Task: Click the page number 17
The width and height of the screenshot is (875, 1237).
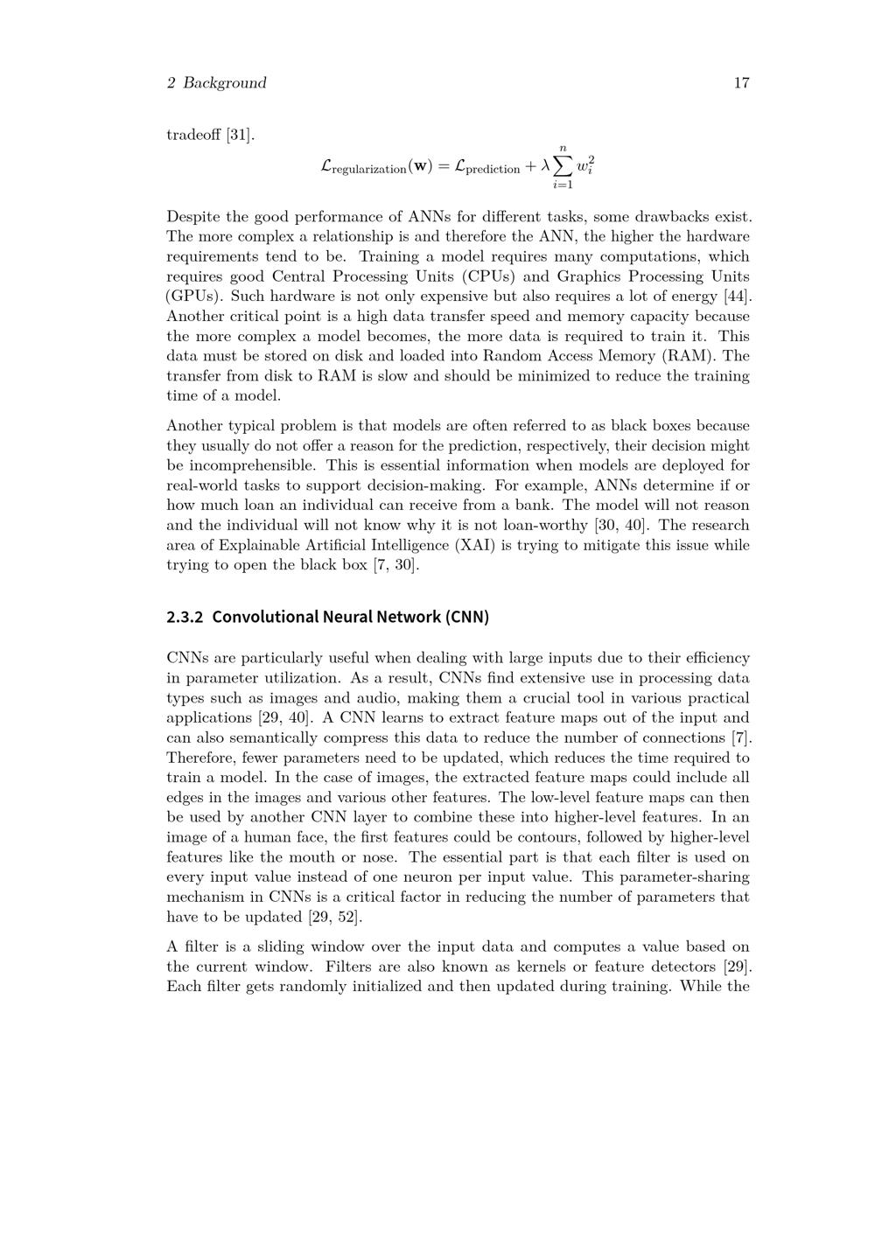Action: coord(741,83)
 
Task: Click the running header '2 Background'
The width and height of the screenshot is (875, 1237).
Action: coord(216,83)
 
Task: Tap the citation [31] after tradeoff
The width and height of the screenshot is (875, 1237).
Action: coord(239,135)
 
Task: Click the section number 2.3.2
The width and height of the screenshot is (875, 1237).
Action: coord(185,617)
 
